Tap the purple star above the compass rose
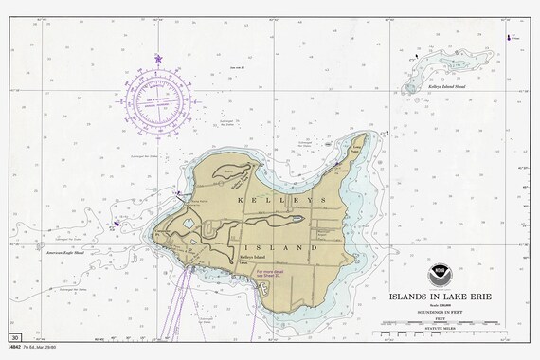click(x=158, y=60)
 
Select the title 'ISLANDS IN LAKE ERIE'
click(x=440, y=295)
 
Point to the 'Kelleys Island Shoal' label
click(x=447, y=85)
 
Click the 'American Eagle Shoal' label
click(x=65, y=253)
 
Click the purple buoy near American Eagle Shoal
click(x=116, y=225)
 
